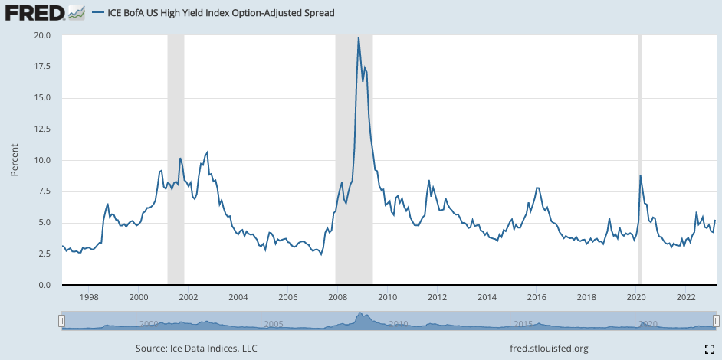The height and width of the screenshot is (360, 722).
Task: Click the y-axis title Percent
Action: pos(15,160)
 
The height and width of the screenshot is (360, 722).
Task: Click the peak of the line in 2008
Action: pos(358,37)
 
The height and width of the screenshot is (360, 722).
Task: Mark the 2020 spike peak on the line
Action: pos(640,176)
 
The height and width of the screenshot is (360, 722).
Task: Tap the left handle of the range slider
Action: pos(62,321)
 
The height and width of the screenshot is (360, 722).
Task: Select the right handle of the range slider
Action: pos(716,321)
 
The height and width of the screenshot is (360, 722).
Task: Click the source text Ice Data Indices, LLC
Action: pos(196,349)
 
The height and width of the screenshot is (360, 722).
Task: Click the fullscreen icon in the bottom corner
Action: pos(710,349)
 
